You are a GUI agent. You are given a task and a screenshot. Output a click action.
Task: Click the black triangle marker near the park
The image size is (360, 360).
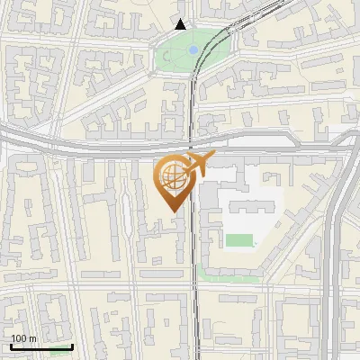pyautogui.click(x=181, y=24)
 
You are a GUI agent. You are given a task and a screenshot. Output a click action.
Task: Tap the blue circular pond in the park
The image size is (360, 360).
pyautogui.click(x=193, y=50)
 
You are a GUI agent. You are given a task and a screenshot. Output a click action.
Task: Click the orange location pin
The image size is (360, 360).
pyautogui.click(x=173, y=179)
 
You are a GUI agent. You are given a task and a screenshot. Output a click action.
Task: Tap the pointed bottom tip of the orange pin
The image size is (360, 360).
pyautogui.click(x=173, y=211)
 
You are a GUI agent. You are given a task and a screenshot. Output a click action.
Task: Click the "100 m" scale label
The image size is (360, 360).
pyautogui.click(x=23, y=338)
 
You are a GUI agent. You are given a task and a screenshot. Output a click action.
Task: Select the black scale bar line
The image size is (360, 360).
pyautogui.click(x=41, y=346)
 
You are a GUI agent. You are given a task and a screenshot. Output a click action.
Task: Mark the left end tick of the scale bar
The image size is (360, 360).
pyautogui.click(x=11, y=346)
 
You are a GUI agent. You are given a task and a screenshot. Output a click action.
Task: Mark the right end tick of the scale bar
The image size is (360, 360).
pyautogui.click(x=72, y=346)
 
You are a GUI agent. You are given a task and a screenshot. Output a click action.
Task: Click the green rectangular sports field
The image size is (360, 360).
pyautogui.click(x=238, y=240)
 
